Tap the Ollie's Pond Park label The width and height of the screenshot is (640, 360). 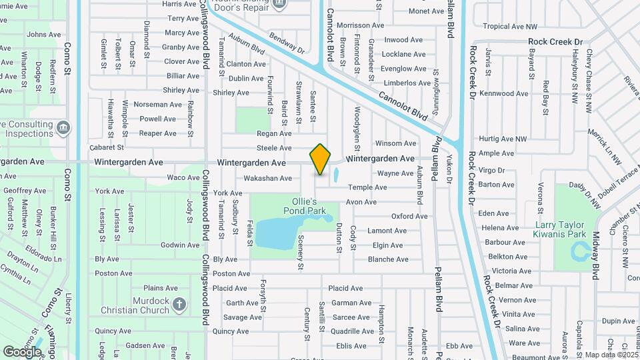pos(309,206)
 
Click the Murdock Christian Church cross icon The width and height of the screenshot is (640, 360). pos(178,305)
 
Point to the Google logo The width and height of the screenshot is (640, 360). pos(22,351)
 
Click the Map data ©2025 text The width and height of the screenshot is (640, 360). pos(610,355)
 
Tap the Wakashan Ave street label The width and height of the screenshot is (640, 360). pos(267,178)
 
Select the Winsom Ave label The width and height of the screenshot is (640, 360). pos(396,143)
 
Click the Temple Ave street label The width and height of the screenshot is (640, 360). pos(367,187)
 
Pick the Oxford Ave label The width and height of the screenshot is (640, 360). pos(409,216)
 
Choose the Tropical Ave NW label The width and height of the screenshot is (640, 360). pos(510,27)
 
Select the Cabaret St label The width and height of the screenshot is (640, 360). pos(107,147)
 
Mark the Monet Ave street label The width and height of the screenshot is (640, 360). pos(426,11)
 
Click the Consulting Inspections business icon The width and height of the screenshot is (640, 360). pos(63,127)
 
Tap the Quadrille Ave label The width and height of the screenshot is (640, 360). pos(353,331)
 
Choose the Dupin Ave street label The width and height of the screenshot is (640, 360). pos(618,321)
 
